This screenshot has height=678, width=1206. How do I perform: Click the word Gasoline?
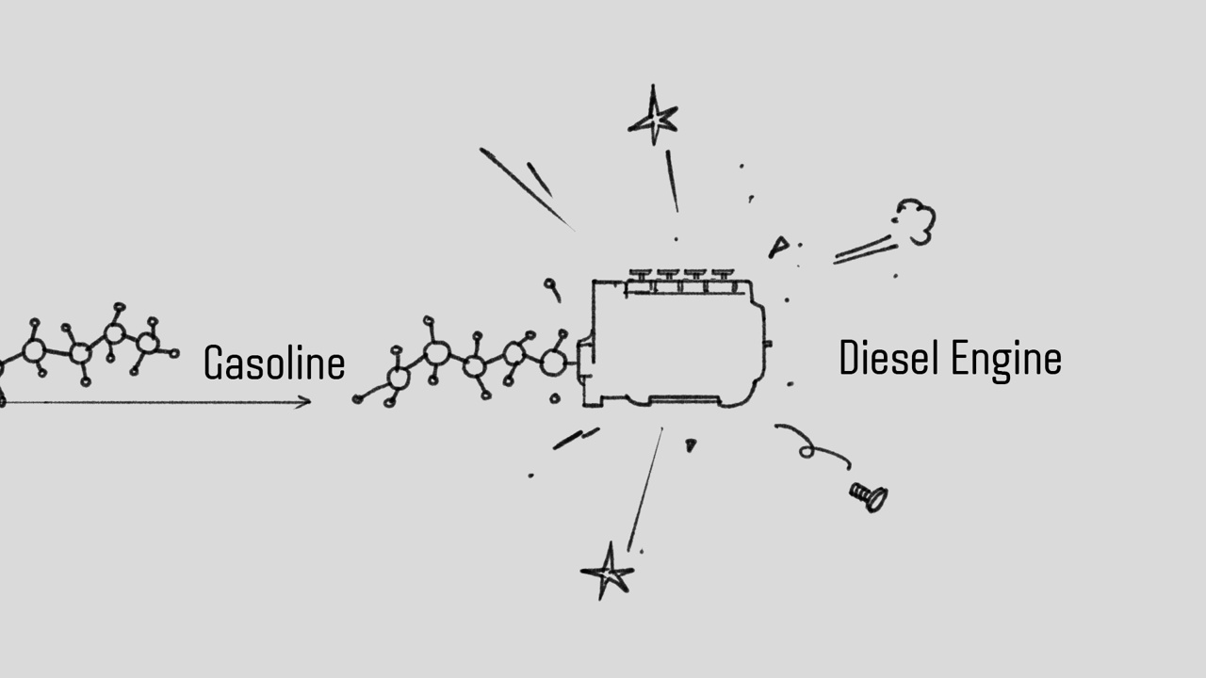[274, 363]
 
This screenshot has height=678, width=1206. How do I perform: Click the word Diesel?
[890, 359]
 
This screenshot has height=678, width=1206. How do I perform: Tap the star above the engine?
[653, 119]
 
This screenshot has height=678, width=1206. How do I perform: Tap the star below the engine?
[608, 571]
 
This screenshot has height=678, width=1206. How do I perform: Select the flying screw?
[868, 495]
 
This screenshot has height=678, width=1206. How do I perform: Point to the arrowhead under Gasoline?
[304, 402]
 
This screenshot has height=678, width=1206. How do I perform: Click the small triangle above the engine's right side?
[778, 248]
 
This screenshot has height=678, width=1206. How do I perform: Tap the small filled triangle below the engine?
[691, 444]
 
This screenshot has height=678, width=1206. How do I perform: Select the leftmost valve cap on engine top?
[641, 274]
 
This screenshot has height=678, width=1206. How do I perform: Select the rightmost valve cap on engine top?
[723, 274]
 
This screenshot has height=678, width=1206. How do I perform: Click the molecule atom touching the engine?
[554, 362]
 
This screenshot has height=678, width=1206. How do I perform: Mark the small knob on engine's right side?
[767, 344]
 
